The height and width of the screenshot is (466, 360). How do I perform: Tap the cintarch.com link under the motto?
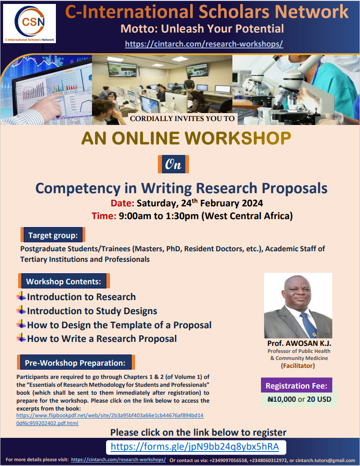tap(204, 44)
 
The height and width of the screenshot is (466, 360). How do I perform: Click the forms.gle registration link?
tap(195, 447)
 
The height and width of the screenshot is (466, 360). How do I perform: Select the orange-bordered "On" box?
tap(173, 164)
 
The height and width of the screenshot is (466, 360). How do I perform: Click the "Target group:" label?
tap(53, 235)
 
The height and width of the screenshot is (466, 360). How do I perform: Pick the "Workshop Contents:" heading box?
tap(63, 281)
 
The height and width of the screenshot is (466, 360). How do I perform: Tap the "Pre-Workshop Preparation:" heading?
tap(75, 363)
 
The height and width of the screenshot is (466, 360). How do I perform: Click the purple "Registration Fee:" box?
tap(297, 386)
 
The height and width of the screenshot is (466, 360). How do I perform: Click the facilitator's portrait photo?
tap(298, 305)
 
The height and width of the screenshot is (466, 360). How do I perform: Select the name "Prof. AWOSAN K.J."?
tap(299, 343)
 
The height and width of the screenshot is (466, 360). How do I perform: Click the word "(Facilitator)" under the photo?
tap(298, 366)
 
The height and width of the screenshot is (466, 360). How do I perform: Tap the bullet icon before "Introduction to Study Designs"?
tap(21, 311)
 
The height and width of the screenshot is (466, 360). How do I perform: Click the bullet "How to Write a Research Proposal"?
tap(102, 339)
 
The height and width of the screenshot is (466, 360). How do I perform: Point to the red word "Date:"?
tap(122, 203)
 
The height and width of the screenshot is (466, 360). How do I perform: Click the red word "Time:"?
tap(103, 216)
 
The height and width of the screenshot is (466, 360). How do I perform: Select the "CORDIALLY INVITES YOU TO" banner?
tap(183, 119)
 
